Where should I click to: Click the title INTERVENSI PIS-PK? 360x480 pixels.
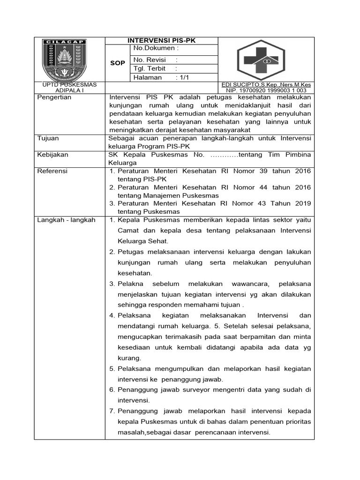162,40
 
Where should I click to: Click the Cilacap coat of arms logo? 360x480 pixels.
64,59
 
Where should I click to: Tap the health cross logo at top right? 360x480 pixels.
266,60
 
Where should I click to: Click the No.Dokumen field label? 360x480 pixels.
156,48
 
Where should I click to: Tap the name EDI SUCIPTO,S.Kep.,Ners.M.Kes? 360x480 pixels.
266,85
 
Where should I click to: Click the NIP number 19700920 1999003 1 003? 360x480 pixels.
266,90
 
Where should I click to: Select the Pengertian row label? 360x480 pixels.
54,97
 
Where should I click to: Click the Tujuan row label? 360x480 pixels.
48,138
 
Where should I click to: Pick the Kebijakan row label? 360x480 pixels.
52,154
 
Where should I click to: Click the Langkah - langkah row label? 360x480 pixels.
66,220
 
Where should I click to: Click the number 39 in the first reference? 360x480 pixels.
260,171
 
